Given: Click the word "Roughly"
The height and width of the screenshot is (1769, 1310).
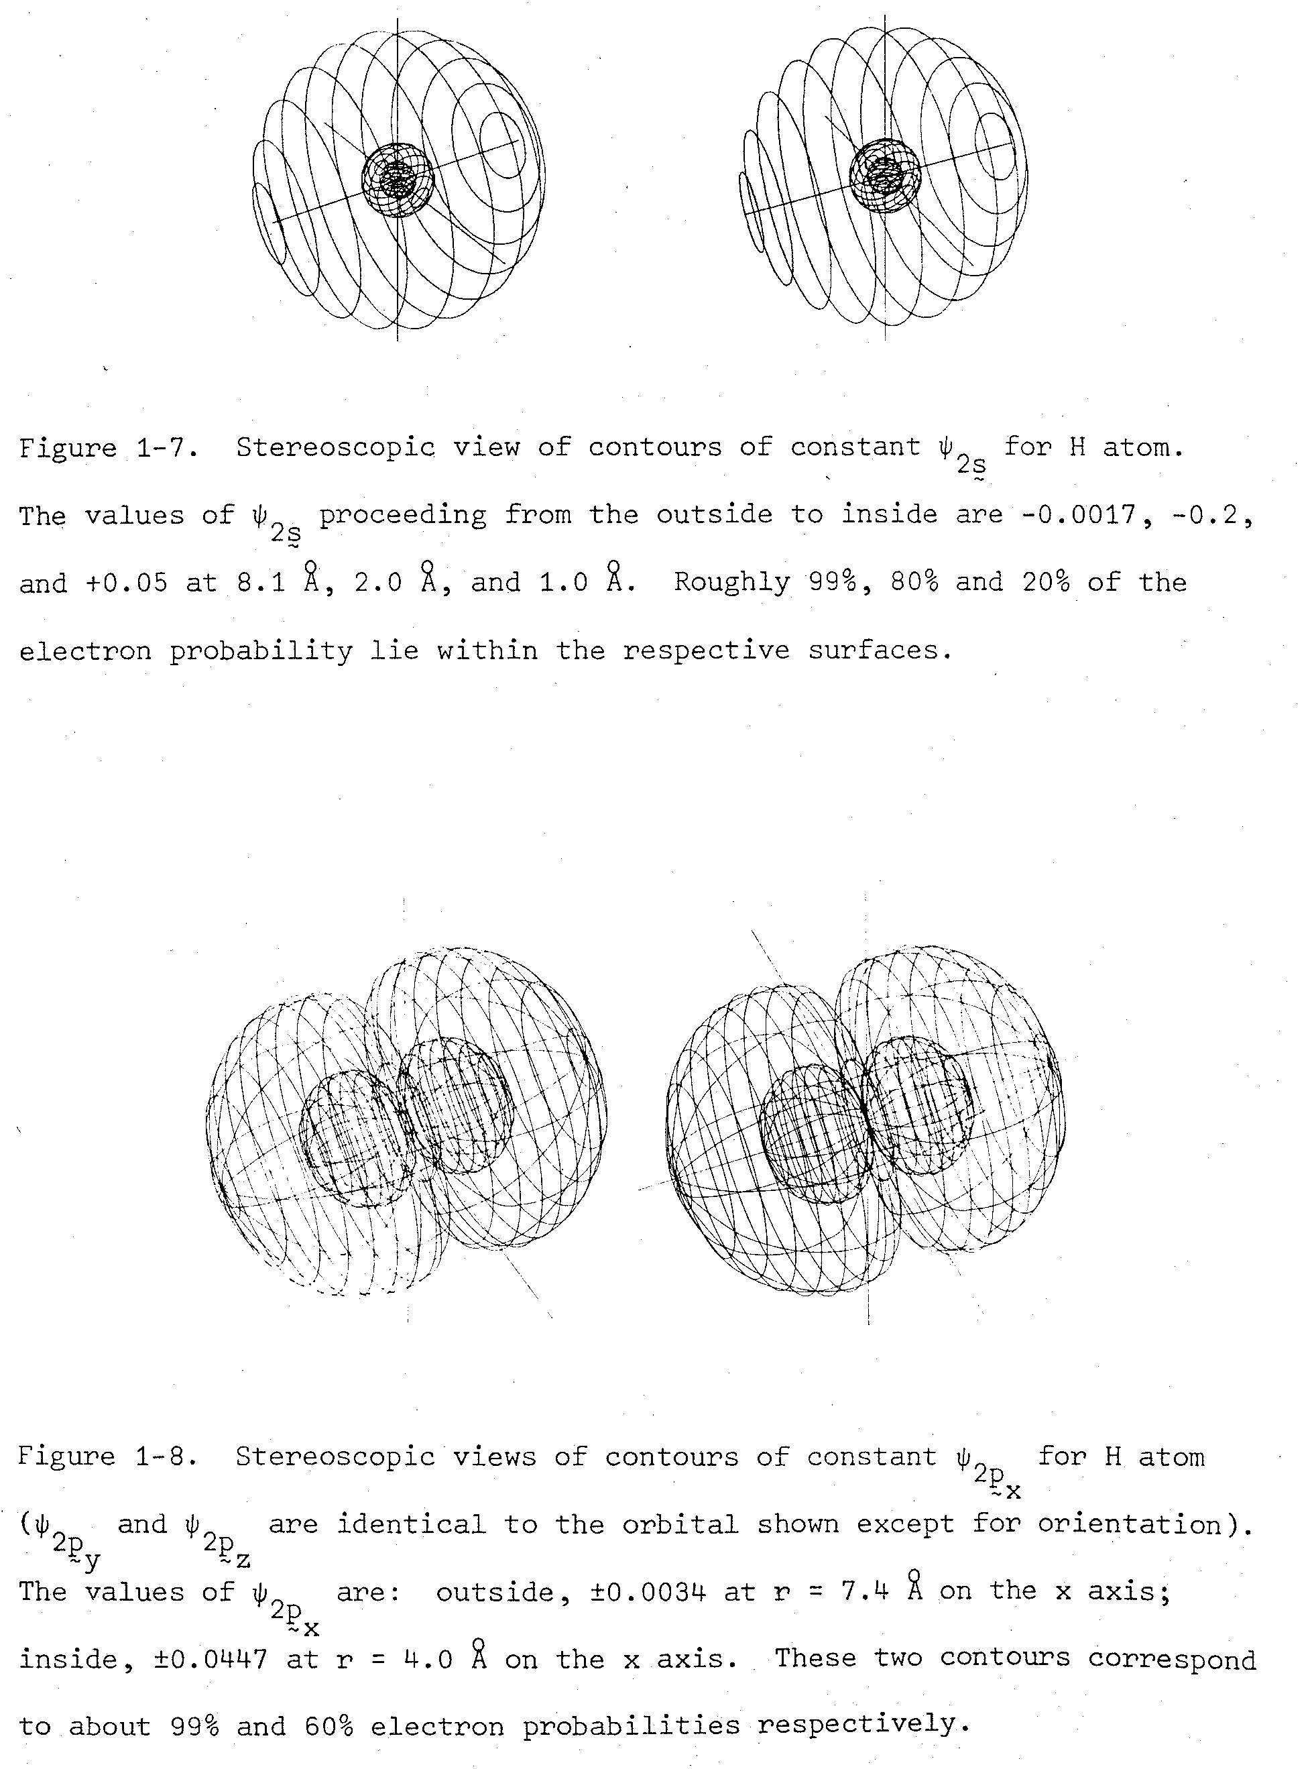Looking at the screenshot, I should (732, 582).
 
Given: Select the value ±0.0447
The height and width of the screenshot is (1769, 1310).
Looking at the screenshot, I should (210, 1659).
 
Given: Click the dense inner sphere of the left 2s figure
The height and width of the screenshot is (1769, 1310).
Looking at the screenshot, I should (398, 179).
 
